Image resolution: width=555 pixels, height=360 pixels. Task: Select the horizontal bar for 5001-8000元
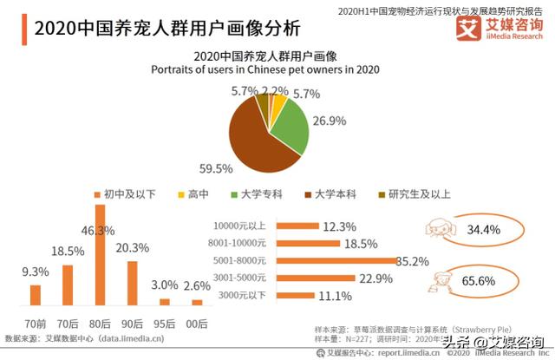coord(338,260)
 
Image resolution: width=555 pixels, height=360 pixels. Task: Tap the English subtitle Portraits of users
coord(265,69)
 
